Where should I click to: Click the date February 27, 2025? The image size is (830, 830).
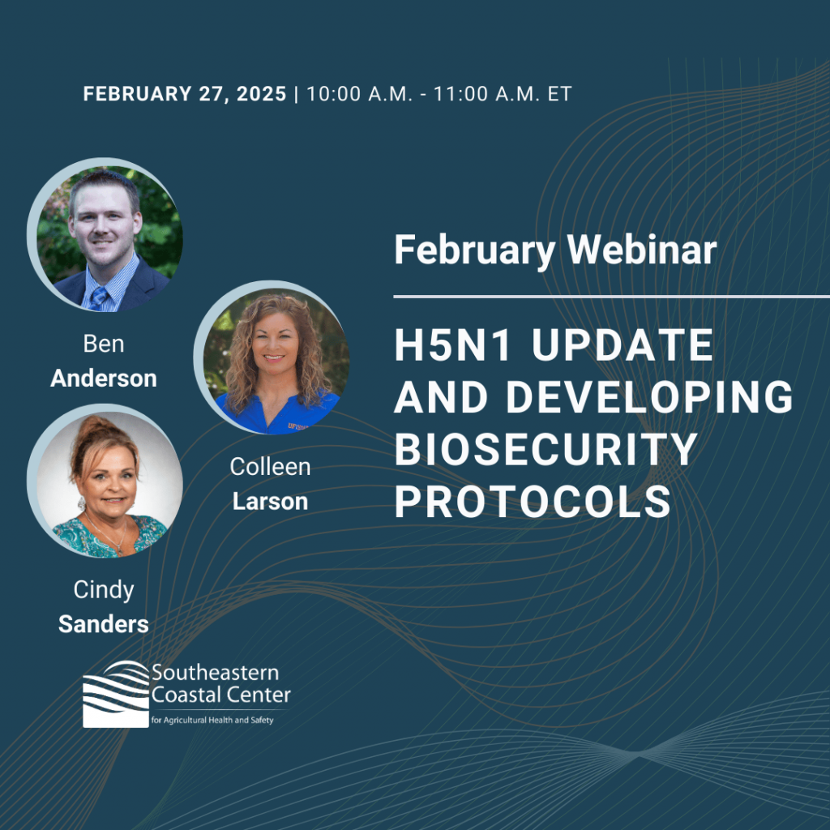point(185,94)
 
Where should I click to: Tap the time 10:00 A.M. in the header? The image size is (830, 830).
point(359,94)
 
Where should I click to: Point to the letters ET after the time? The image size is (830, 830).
point(559,94)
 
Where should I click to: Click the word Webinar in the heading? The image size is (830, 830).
point(642,250)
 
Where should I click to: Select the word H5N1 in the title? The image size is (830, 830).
point(453,345)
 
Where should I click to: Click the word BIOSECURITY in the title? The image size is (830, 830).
point(545,449)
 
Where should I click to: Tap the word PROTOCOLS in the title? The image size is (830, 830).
point(533,501)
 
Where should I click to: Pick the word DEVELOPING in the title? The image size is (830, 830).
point(649,397)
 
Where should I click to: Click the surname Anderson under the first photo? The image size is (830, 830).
point(104,379)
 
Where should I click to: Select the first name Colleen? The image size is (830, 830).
point(270,467)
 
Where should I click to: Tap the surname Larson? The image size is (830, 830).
point(270,502)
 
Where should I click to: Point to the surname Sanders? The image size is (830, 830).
point(104,625)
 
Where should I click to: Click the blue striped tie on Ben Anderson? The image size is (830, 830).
point(99,299)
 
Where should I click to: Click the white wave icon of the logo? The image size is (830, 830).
point(116,694)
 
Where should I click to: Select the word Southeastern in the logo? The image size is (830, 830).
point(215,673)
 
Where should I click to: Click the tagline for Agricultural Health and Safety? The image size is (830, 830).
point(212,720)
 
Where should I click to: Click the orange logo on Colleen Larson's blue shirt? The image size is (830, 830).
point(297,426)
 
